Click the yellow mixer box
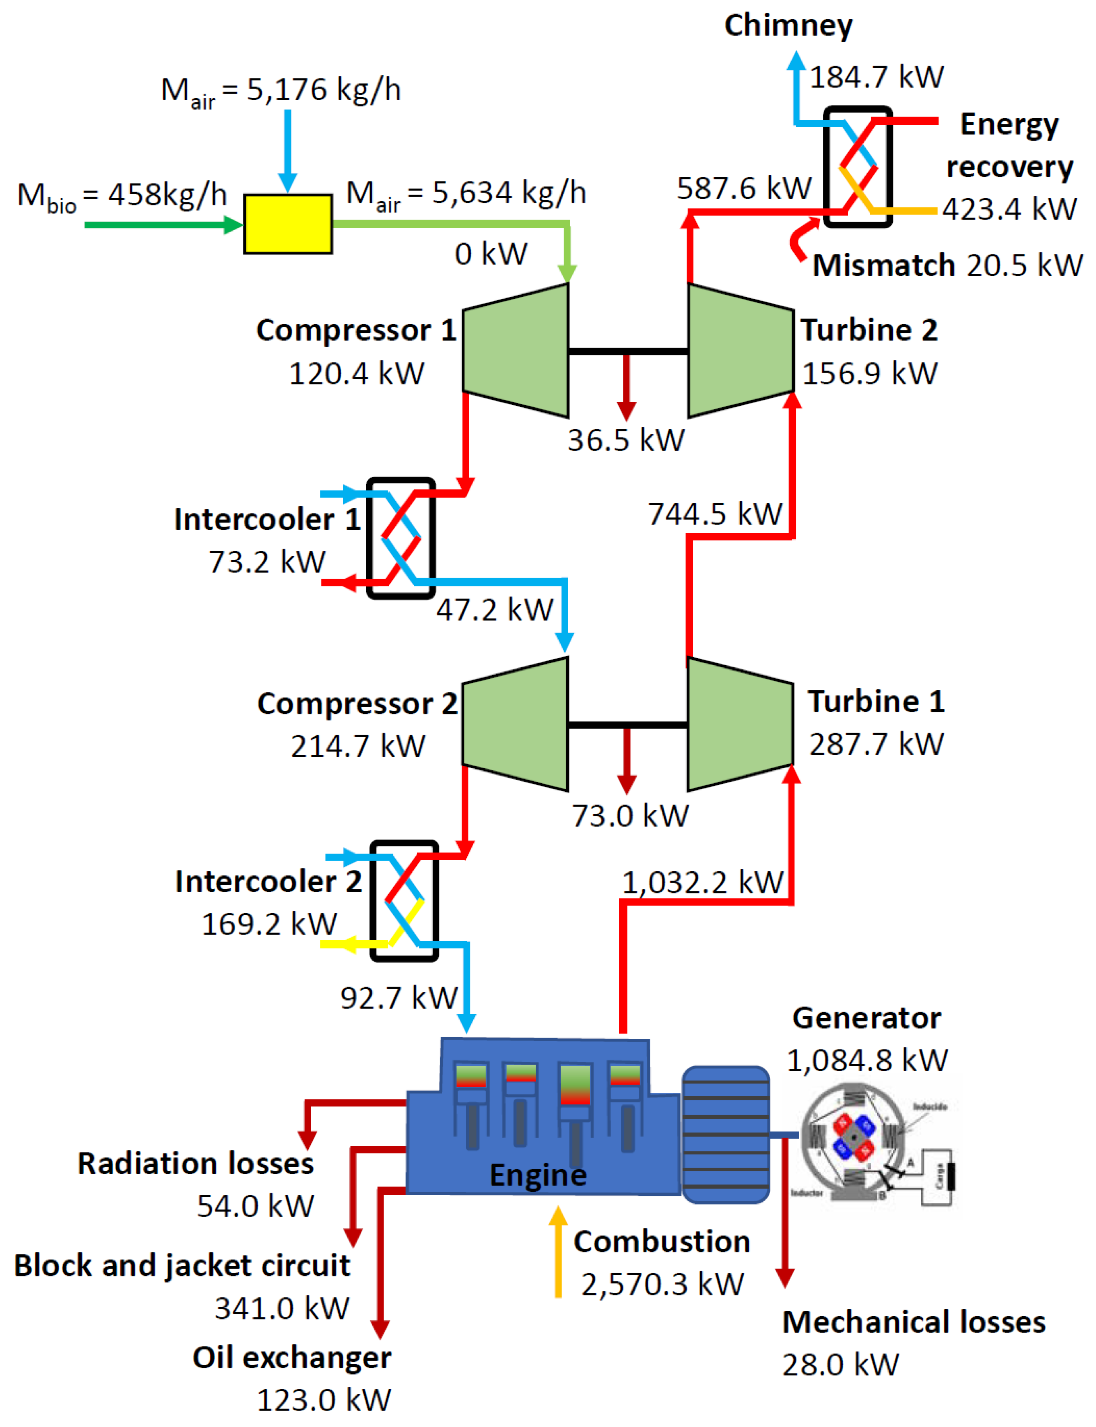pos(288,224)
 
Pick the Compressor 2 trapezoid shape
pos(516,724)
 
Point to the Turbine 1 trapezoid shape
pos(741,724)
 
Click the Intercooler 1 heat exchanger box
pos(401,538)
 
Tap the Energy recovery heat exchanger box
pos(857,167)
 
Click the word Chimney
pos(788,26)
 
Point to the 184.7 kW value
pos(876,77)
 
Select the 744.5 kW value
pos(714,514)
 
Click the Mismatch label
pos(883,266)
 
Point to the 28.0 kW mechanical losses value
pos(840,1364)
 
